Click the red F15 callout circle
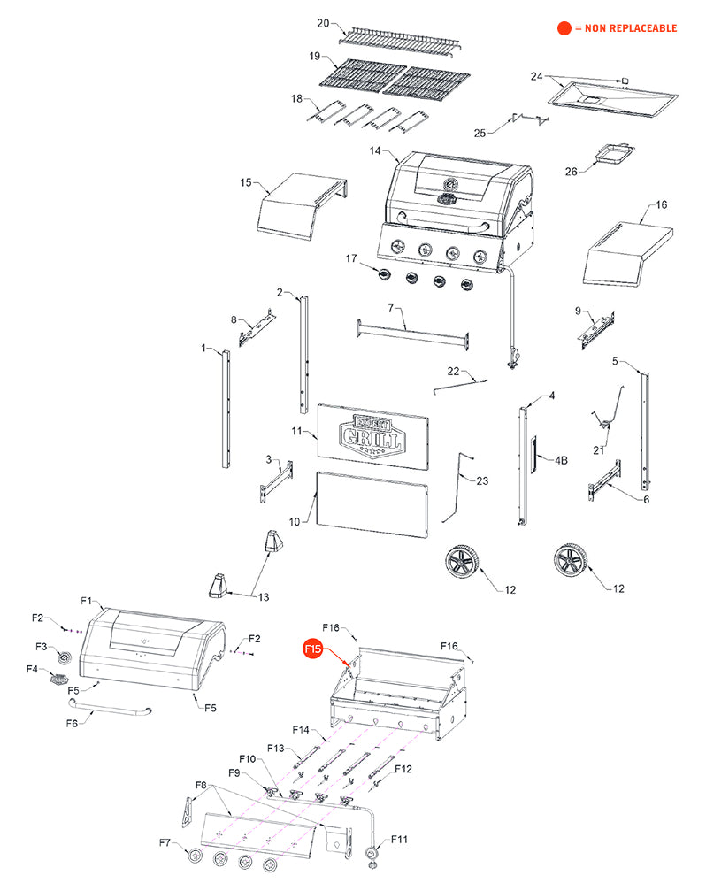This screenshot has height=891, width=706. pyautogui.click(x=313, y=649)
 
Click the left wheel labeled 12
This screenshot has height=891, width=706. pyautogui.click(x=464, y=564)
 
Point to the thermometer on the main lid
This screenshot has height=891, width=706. pyautogui.click(x=450, y=183)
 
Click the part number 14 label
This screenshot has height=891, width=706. pyautogui.click(x=376, y=151)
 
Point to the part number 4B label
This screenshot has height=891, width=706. pyautogui.click(x=561, y=460)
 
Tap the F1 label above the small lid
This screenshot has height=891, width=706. pyautogui.click(x=87, y=601)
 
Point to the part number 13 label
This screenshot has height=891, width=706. pyautogui.click(x=264, y=597)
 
